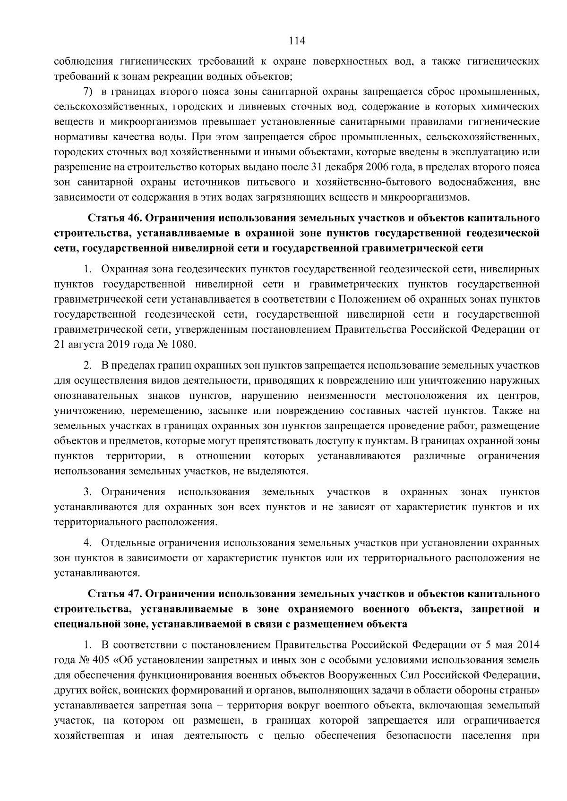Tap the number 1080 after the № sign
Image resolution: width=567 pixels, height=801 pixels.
pyautogui.click(x=183, y=345)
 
